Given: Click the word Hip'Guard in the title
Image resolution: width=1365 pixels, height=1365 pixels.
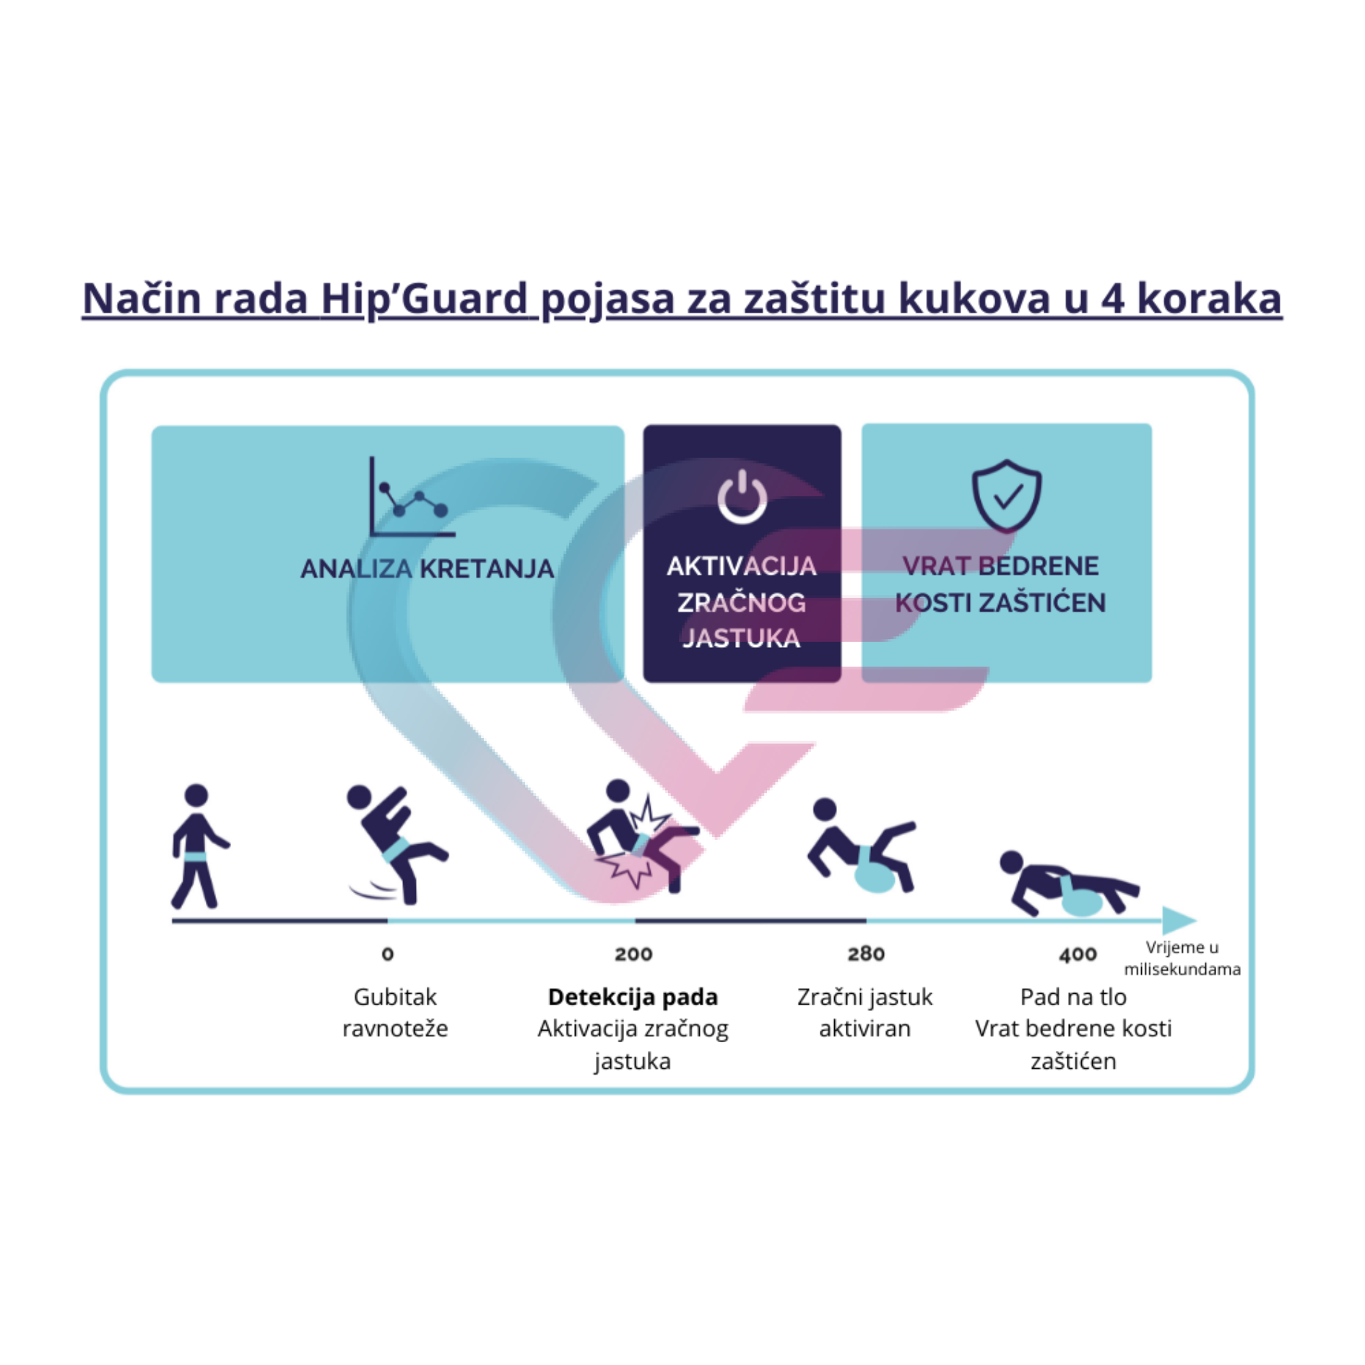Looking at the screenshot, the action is (424, 299).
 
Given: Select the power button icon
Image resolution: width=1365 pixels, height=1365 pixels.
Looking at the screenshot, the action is (742, 496).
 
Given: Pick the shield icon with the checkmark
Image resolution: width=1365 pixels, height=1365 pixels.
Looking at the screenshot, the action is (1006, 496).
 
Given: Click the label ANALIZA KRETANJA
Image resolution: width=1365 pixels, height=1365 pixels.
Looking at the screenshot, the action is (427, 569).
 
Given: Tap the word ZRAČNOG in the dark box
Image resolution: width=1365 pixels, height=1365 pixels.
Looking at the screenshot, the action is (741, 602).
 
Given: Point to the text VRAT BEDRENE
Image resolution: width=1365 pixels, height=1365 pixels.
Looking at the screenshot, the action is (1000, 565).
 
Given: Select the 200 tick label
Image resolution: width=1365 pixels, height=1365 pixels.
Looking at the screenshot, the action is (633, 954).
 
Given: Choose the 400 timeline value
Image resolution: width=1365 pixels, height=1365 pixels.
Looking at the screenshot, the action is (1078, 955).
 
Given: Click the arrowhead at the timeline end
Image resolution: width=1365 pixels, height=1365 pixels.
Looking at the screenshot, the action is (1179, 920).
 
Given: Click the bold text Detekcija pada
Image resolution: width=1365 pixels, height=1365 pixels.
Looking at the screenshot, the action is (633, 997).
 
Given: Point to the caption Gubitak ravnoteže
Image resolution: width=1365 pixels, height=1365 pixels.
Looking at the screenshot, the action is (395, 1013).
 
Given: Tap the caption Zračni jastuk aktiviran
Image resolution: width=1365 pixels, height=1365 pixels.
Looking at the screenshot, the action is (865, 1013).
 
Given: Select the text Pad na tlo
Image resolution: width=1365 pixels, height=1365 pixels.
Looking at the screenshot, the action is (1073, 997).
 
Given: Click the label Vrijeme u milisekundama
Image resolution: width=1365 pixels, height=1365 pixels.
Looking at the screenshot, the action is (1182, 958).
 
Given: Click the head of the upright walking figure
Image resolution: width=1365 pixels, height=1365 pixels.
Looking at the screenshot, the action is (196, 795).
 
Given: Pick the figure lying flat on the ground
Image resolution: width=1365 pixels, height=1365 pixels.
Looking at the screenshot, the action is (1069, 884).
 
